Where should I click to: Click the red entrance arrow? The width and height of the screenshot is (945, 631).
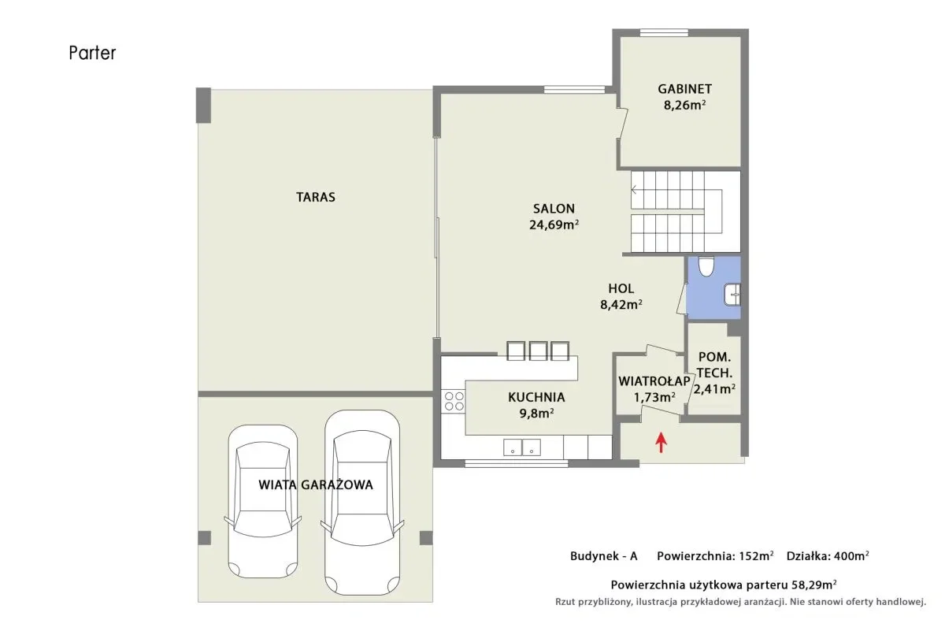pyautogui.click(x=661, y=443)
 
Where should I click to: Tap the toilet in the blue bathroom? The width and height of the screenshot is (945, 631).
pyautogui.click(x=706, y=266)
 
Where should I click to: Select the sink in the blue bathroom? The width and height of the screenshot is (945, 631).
pyautogui.click(x=732, y=294)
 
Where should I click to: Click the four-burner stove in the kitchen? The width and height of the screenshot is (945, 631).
pyautogui.click(x=454, y=401)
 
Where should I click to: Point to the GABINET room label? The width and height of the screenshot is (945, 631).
pyautogui.click(x=684, y=89)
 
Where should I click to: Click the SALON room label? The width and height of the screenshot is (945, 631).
pyautogui.click(x=554, y=209)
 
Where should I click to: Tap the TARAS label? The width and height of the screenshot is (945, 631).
pyautogui.click(x=316, y=197)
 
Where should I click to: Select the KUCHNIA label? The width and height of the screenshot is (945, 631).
pyautogui.click(x=536, y=397)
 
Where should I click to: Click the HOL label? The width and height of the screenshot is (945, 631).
pyautogui.click(x=621, y=288)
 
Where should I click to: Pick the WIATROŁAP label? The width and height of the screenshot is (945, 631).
pyautogui.click(x=654, y=381)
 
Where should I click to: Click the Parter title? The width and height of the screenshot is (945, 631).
pyautogui.click(x=92, y=54)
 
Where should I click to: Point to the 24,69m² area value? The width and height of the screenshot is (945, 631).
pyautogui.click(x=554, y=225)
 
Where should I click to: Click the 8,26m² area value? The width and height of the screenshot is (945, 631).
pyautogui.click(x=684, y=105)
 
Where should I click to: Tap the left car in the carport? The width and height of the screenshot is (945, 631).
pyautogui.click(x=263, y=501)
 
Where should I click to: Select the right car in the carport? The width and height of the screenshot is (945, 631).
pyautogui.click(x=362, y=503)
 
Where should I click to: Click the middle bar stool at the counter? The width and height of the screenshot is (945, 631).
pyautogui.click(x=538, y=351)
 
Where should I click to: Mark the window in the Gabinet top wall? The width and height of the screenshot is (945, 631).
pyautogui.click(x=664, y=32)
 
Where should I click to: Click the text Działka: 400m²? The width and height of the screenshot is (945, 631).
pyautogui.click(x=828, y=556)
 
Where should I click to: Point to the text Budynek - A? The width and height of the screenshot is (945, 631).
pyautogui.click(x=604, y=556)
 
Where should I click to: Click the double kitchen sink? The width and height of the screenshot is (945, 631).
pyautogui.click(x=522, y=447)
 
